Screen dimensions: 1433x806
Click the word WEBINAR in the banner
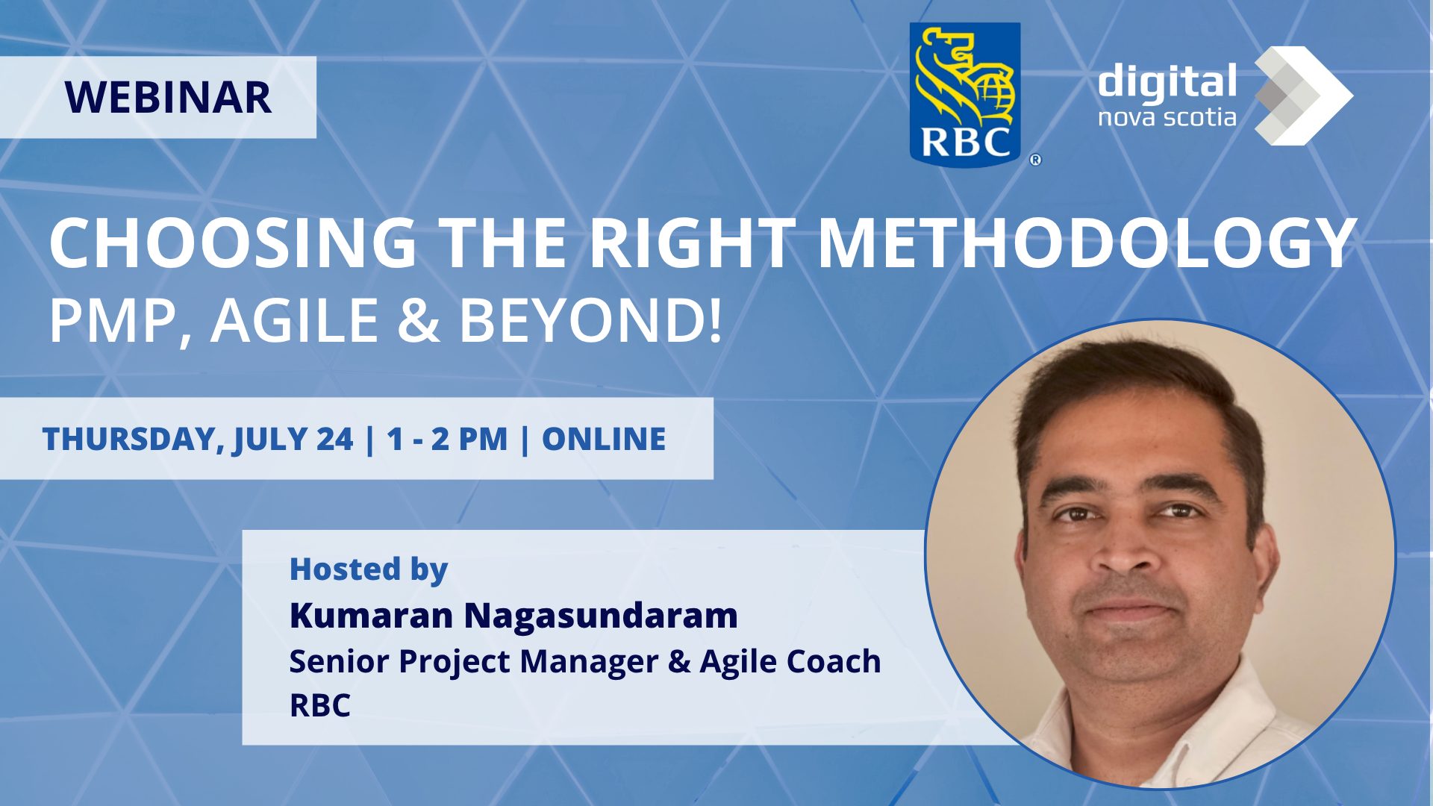pyautogui.click(x=168, y=98)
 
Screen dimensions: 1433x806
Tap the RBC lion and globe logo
pyautogui.click(x=965, y=95)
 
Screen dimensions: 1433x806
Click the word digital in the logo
pyautogui.click(x=1167, y=81)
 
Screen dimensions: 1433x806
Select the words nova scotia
pyautogui.click(x=1167, y=118)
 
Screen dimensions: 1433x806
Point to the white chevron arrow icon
pyautogui.click(x=1303, y=96)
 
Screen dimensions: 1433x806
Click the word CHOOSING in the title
pyautogui.click(x=233, y=243)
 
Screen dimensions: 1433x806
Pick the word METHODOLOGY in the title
pyautogui.click(x=1087, y=243)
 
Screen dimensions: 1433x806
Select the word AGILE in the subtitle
pyautogui.click(x=295, y=321)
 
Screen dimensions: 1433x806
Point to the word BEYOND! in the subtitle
pyautogui.click(x=590, y=321)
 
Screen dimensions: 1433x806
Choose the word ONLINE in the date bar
pyautogui.click(x=604, y=439)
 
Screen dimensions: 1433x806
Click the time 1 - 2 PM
pyautogui.click(x=447, y=439)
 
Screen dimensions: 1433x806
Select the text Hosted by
pyautogui.click(x=369, y=570)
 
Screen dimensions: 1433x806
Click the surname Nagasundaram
pyautogui.click(x=601, y=616)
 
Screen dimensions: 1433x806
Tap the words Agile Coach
pyautogui.click(x=790, y=662)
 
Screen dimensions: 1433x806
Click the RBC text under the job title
pyautogui.click(x=320, y=705)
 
